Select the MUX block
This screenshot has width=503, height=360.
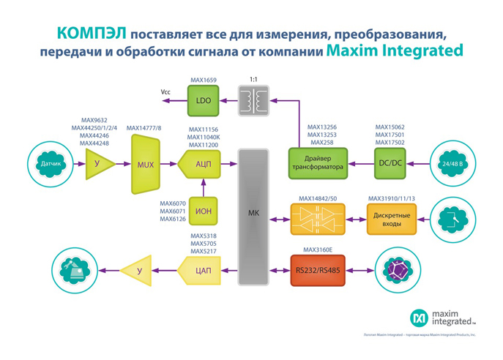tap(146, 165)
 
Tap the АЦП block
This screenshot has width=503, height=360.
tap(203, 165)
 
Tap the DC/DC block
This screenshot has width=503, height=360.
tap(390, 163)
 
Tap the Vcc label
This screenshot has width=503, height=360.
tap(166, 91)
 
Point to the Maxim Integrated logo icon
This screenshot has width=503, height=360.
tap(419, 317)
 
